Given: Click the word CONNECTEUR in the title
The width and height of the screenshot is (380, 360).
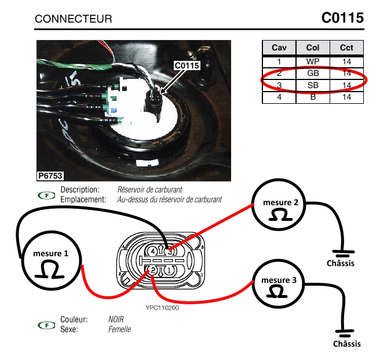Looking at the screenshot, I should [x=74, y=19].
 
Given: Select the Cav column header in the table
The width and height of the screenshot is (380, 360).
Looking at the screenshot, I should [x=279, y=48].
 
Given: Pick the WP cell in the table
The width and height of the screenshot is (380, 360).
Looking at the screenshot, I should [x=313, y=61].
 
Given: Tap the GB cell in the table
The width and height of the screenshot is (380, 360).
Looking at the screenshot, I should [x=313, y=73].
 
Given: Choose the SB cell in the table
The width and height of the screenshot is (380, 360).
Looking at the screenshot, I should [x=313, y=85].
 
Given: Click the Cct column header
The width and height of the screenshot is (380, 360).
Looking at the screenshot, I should [x=346, y=48].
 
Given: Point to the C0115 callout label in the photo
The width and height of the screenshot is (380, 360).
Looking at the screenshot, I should [x=187, y=66].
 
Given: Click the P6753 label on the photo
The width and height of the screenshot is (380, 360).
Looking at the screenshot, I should [x=50, y=175].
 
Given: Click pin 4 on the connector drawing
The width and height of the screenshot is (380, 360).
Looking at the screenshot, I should [x=153, y=252].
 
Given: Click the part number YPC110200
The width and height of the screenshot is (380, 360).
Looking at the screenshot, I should [x=163, y=308].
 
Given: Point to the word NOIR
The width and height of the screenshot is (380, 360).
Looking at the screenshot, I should [x=116, y=319].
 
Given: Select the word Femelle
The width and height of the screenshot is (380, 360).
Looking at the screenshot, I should [x=119, y=329].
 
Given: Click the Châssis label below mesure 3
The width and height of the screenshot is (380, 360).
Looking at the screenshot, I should [x=347, y=344].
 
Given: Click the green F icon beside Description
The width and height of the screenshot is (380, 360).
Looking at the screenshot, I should [x=42, y=195].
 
